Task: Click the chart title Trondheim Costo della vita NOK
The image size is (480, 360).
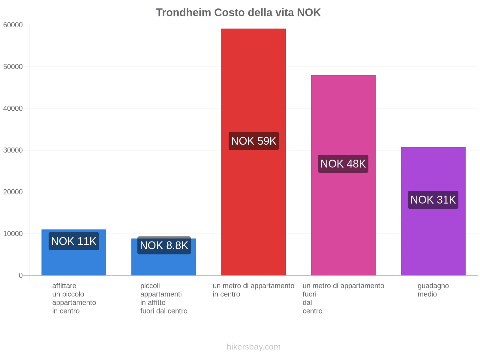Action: tap(238, 13)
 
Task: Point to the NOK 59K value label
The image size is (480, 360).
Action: tap(253, 141)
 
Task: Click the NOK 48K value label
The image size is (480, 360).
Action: tap(343, 164)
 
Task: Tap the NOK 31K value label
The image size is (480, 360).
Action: tap(433, 200)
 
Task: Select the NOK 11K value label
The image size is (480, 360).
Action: tap(74, 241)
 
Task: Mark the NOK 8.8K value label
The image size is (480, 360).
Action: tap(164, 245)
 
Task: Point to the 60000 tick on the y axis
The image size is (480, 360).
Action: tap(13, 25)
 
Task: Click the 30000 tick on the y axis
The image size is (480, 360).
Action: tap(13, 150)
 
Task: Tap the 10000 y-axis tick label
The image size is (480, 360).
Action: tap(13, 234)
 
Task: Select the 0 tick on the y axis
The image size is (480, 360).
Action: tap(21, 275)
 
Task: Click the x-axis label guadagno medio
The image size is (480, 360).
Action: tap(433, 290)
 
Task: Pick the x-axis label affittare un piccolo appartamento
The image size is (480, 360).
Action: tap(74, 298)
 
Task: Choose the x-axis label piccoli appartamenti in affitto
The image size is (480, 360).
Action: tap(163, 298)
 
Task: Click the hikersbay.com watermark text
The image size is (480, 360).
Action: tap(253, 347)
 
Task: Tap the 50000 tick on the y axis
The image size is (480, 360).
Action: tap(13, 67)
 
